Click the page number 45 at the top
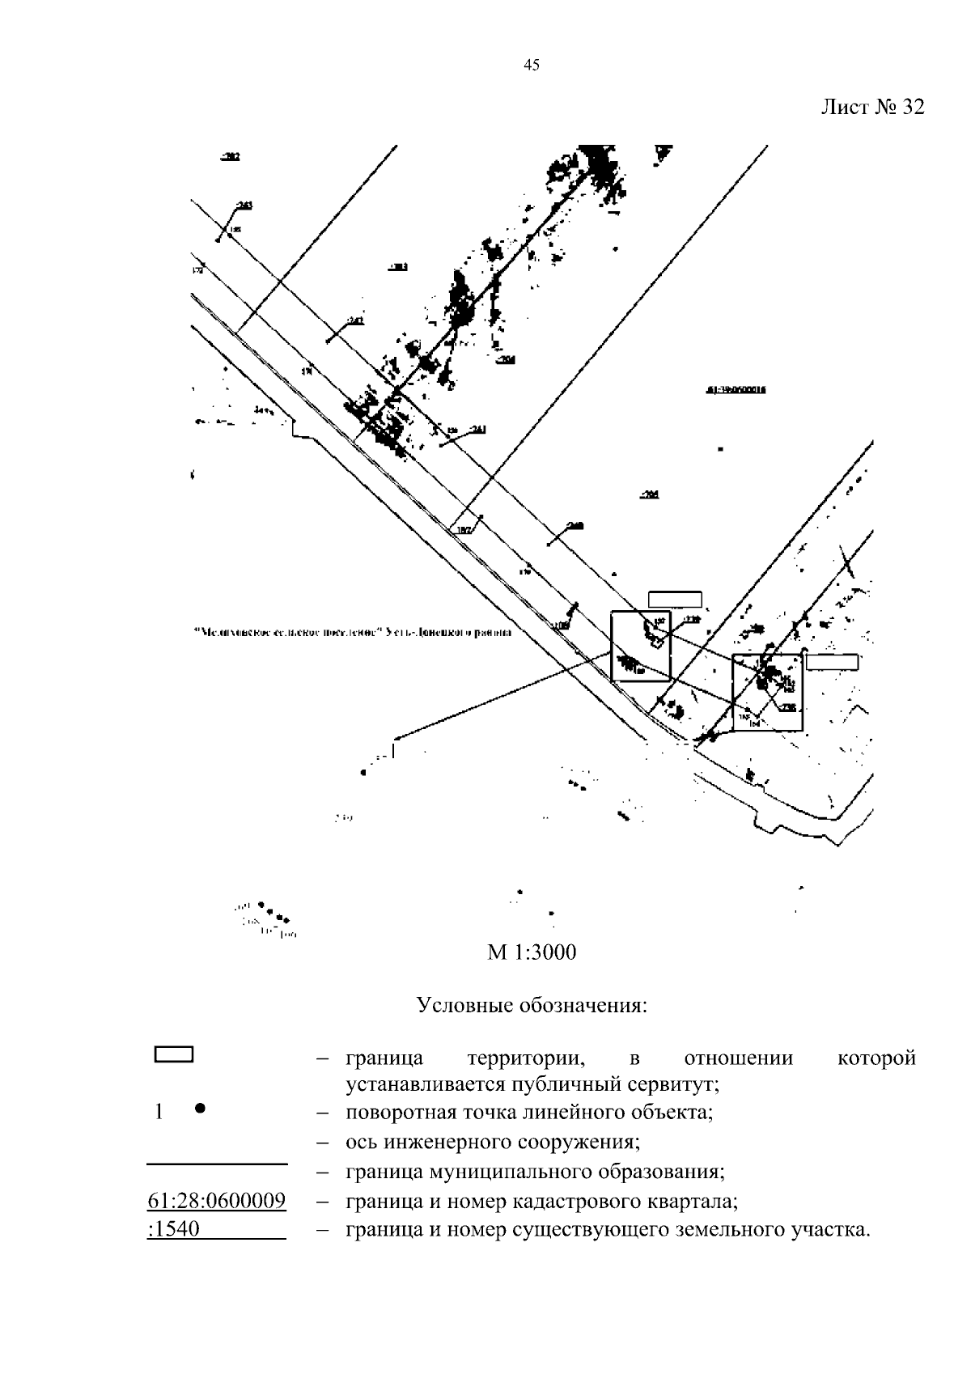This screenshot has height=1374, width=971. coord(532,66)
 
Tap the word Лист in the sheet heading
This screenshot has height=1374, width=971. coord(843,108)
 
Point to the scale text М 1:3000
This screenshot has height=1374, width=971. coord(532,952)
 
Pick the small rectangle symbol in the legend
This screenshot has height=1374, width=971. coord(173,1054)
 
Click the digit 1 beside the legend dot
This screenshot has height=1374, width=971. coord(159,1112)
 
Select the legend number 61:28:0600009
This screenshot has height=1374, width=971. coord(217,1200)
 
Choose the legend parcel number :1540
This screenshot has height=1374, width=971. coord(174,1230)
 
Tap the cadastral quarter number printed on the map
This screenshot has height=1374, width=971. coord(736,389)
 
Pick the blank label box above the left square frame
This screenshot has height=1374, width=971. coord(675,599)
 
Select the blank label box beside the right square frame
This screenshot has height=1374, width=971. coord(832,662)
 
